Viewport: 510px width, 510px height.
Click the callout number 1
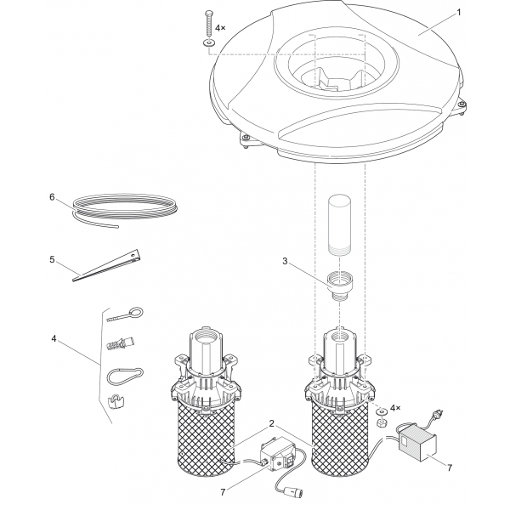[x=459, y=13]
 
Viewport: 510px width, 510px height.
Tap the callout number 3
[x=285, y=261]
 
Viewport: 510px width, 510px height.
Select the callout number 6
[x=52, y=197]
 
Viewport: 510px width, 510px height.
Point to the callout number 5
[x=52, y=259]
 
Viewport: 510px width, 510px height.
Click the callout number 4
[x=54, y=338]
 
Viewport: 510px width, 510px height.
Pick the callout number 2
[x=272, y=424]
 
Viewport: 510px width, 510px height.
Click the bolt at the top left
[x=208, y=24]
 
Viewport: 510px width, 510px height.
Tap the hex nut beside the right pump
[x=381, y=423]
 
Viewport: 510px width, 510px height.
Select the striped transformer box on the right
[x=417, y=443]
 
